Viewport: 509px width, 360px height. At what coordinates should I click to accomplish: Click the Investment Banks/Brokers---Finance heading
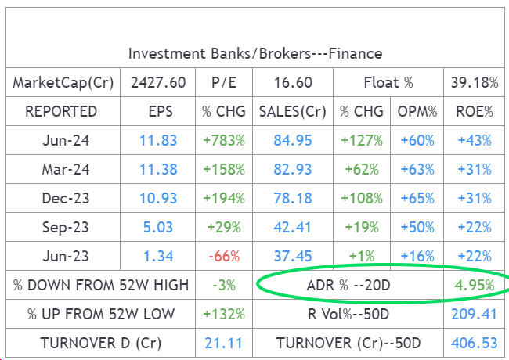pos(255,54)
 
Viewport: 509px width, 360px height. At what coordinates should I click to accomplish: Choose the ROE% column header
pos(474,112)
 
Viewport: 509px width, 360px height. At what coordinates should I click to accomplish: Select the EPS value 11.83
pos(158,141)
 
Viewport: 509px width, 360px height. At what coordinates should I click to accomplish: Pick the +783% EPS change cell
pos(224,141)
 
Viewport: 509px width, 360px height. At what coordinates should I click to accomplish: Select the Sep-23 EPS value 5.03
pos(159,228)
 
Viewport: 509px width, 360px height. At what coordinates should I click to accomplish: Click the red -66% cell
pos(224,257)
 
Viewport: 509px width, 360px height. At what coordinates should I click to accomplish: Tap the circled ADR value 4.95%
pos(474,286)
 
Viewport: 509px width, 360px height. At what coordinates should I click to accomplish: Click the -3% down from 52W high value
pos(224,286)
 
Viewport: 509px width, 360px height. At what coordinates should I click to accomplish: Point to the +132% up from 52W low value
pos(224,315)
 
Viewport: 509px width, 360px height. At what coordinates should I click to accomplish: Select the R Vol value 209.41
pos(474,315)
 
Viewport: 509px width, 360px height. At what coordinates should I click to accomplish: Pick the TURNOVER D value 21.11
pos(224,344)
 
